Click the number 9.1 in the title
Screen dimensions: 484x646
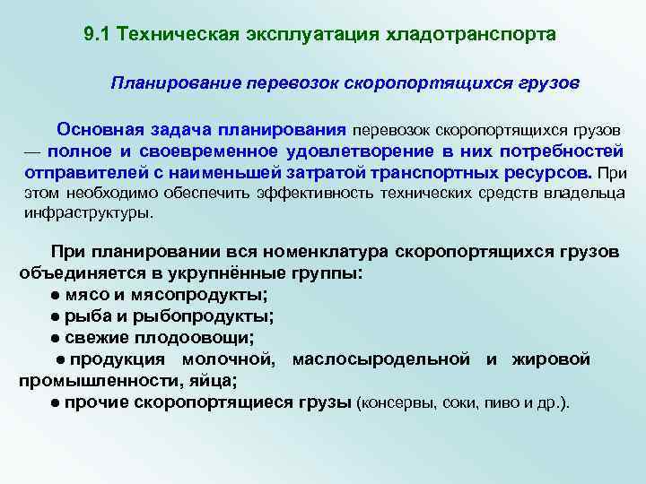[x=96, y=34]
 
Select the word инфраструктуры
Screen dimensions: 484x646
[x=87, y=214]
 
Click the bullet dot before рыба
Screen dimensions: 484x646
[x=56, y=316]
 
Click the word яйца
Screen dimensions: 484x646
[x=215, y=380]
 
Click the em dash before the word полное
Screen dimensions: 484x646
[x=31, y=151]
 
